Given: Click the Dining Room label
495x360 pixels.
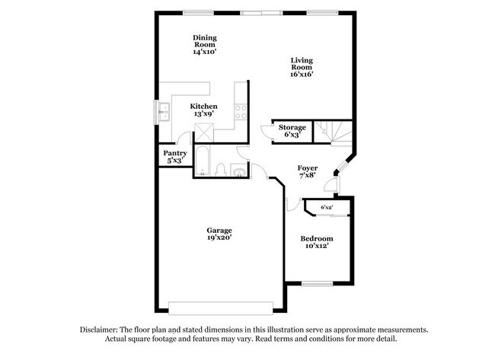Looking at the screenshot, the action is pyautogui.click(x=205, y=41).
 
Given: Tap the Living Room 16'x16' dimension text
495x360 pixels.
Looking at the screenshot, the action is pyautogui.click(x=302, y=75).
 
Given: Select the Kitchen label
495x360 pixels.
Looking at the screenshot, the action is pyautogui.click(x=203, y=107).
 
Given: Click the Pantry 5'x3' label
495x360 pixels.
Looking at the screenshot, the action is pyautogui.click(x=175, y=157).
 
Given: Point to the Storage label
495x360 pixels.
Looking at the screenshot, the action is pyautogui.click(x=292, y=127).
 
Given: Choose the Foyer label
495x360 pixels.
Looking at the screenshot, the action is pyautogui.click(x=308, y=168).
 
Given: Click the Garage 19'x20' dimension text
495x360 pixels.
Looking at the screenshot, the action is pyautogui.click(x=219, y=237).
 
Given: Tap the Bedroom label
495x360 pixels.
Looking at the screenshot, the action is pyautogui.click(x=317, y=238).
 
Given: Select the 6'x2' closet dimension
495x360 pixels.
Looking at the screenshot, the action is pyautogui.click(x=327, y=208).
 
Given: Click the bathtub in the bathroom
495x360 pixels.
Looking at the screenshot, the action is pyautogui.click(x=202, y=161).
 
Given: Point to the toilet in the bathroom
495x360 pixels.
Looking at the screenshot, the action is pyautogui.click(x=221, y=170).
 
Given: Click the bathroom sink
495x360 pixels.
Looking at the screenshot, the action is pyautogui.click(x=239, y=170).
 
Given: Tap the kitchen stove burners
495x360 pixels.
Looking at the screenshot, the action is pyautogui.click(x=241, y=112).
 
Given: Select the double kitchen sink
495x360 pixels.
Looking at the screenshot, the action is pyautogui.click(x=164, y=112).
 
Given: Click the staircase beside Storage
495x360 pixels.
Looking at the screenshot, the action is pyautogui.click(x=333, y=132).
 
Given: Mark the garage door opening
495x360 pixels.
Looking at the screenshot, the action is pyautogui.click(x=221, y=308).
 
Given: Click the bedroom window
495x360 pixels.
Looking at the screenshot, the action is pyautogui.click(x=318, y=284).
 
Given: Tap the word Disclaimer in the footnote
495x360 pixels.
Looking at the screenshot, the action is pyautogui.click(x=99, y=330).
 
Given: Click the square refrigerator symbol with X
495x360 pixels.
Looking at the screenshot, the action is pyautogui.click(x=204, y=133).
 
